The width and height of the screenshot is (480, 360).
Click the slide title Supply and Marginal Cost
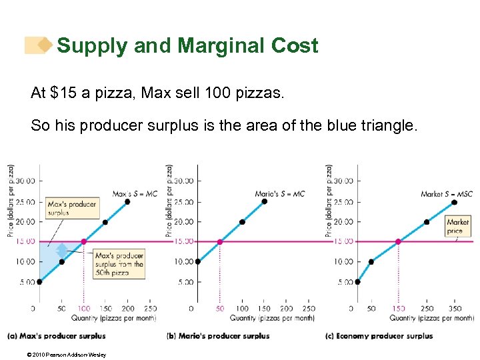187,46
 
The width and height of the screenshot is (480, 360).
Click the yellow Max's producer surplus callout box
72,207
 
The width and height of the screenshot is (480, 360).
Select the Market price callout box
458,226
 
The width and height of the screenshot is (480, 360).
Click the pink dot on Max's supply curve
83,241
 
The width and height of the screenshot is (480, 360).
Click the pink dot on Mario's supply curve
219,241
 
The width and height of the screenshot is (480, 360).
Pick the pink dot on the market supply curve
399,241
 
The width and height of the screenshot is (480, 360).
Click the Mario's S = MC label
279,194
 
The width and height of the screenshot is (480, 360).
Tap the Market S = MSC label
446,194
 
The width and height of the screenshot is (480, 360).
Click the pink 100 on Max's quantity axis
84,309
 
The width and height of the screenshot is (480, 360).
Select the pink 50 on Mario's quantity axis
219,309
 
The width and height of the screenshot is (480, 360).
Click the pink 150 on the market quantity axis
399,309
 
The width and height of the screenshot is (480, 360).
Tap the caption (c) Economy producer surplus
379,335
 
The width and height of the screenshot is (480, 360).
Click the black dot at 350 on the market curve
455,201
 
